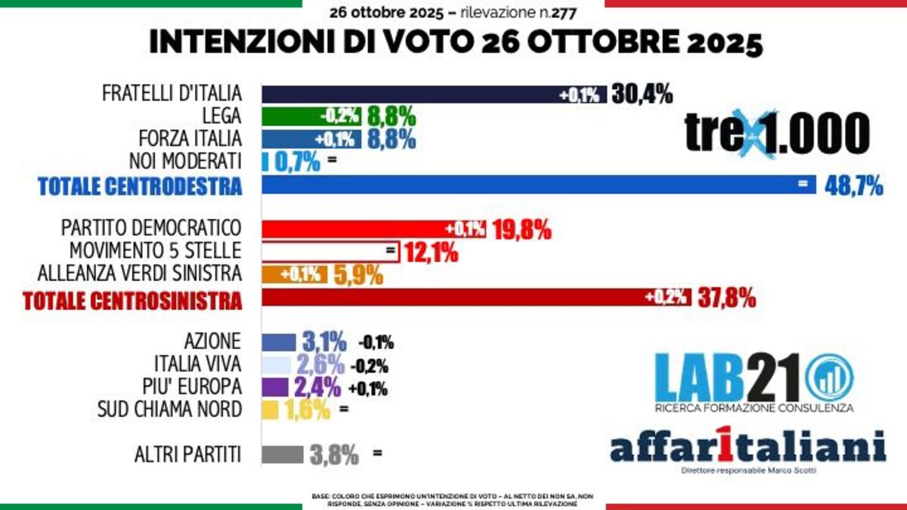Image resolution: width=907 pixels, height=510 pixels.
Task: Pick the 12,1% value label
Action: click(430, 252)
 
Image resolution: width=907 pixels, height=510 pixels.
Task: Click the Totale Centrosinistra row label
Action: click(132, 300)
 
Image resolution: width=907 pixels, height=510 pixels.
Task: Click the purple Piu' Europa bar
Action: click(276, 388)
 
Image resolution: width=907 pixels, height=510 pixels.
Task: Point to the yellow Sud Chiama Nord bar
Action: click(269, 410)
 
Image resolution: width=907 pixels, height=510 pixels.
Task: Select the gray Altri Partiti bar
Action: click(283, 455)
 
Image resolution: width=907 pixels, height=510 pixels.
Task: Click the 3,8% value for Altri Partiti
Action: click(333, 455)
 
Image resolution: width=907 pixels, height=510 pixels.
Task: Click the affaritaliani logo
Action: click(748, 447)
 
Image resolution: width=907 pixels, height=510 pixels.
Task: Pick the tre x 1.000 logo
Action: click(777, 134)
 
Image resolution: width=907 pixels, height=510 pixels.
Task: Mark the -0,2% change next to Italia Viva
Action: click(370, 366)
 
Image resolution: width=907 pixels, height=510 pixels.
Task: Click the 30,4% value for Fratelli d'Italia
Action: click(642, 94)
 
